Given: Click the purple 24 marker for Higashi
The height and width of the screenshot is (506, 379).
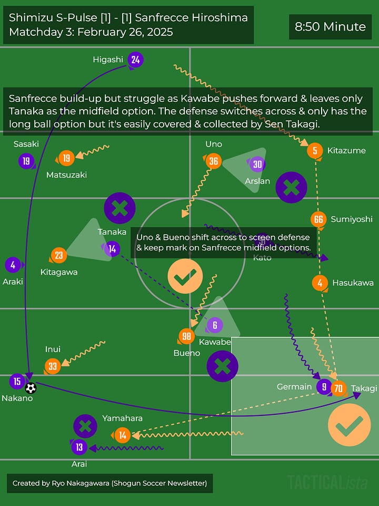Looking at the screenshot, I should coord(135,60).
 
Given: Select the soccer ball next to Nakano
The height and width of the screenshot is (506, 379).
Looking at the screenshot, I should coord(31,388).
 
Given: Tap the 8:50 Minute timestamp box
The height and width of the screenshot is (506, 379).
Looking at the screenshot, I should coord(330,26).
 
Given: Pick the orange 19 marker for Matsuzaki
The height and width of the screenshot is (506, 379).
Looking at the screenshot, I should coord(66,158).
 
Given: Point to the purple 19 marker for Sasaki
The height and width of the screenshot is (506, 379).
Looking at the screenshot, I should coord(26,161).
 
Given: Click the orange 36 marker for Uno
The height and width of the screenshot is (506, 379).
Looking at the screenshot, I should coord(213,161).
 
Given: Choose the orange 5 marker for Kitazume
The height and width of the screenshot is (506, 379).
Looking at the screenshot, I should coord(315,151).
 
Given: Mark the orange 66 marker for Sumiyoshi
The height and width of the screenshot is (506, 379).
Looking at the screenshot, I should coord(318,219).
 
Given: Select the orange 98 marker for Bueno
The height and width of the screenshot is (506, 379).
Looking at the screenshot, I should coord(186,336).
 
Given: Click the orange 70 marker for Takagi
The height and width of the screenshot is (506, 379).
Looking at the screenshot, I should coord(338,388).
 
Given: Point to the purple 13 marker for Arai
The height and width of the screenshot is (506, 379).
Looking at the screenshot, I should coord(79,447).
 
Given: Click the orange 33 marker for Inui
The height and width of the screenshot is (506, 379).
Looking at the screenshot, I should coord(52,366).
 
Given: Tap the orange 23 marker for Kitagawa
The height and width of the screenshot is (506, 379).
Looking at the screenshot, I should coord(58,256).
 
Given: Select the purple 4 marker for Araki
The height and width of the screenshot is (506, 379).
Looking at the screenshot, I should coord(13,265).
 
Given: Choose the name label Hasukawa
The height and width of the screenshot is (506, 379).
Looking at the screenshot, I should coord(353,283).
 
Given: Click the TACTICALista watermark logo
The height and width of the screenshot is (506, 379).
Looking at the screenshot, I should coord(327,482).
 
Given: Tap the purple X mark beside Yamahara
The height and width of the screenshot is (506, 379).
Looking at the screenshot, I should coord(85,426).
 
